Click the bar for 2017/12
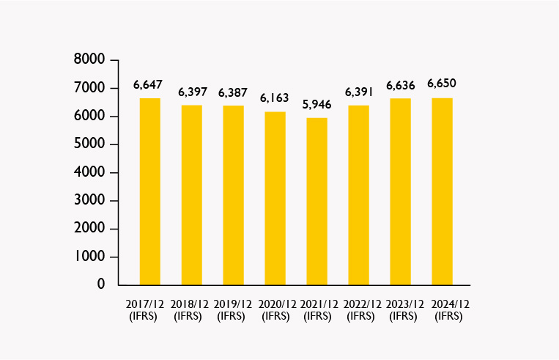click(x=150, y=191)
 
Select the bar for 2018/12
click(x=192, y=195)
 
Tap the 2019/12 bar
click(x=234, y=195)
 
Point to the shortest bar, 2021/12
click(x=317, y=201)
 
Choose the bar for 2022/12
click(x=359, y=195)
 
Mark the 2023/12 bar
click(x=401, y=191)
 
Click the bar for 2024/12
click(x=443, y=191)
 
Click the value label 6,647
click(x=148, y=85)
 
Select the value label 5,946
click(x=318, y=104)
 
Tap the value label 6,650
click(x=443, y=83)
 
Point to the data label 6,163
click(x=275, y=98)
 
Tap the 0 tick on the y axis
click(x=101, y=284)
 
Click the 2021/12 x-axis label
click(x=318, y=309)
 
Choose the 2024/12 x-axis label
click(x=448, y=309)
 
